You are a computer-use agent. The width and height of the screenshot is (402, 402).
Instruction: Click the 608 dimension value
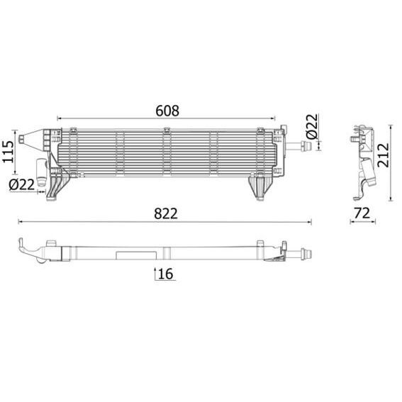(x=167, y=111)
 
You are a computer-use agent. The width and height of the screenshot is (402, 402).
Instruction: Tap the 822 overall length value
(x=166, y=213)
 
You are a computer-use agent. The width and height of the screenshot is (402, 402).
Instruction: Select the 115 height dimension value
(x=9, y=152)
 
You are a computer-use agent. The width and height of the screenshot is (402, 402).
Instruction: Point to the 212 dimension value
(x=384, y=155)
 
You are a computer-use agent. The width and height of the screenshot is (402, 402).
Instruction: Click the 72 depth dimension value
(x=362, y=213)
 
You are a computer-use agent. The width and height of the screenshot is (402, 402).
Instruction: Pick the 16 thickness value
(x=166, y=274)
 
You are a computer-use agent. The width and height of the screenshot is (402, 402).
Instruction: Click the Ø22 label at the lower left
(x=21, y=184)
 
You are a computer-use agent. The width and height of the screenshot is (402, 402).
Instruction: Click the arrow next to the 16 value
(x=155, y=274)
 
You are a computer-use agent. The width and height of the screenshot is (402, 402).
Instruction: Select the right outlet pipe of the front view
(x=298, y=147)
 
